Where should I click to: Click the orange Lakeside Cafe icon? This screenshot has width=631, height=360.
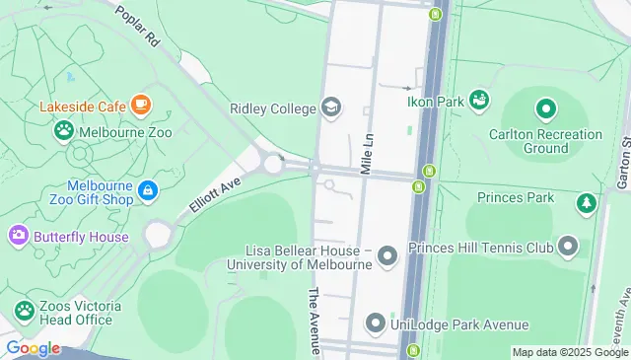coord(141,105)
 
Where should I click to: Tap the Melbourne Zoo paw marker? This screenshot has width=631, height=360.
coord(64,129)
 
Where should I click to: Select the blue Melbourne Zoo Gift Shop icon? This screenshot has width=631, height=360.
coord(148,189)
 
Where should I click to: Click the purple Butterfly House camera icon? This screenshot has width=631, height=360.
coord(18,236)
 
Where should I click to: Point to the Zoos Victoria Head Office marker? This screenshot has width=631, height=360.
coord(23,312)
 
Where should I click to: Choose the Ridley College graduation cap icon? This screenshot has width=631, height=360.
coord(330,108)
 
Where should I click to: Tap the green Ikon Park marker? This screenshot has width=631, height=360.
coord(479,99)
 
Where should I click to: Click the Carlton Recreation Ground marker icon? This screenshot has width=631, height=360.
coord(545,108)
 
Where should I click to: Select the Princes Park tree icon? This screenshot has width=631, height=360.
coord(587,202)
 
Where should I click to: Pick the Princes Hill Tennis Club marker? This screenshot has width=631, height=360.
coord(567,246)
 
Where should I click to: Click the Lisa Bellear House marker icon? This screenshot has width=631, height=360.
coord(386,258)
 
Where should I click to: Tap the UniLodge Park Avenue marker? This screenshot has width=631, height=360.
coord(375,324)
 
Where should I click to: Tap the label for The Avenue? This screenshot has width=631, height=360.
coord(315,321)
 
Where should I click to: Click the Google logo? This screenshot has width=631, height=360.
coord(32,347)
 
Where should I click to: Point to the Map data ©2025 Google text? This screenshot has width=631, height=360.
coord(570,352)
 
